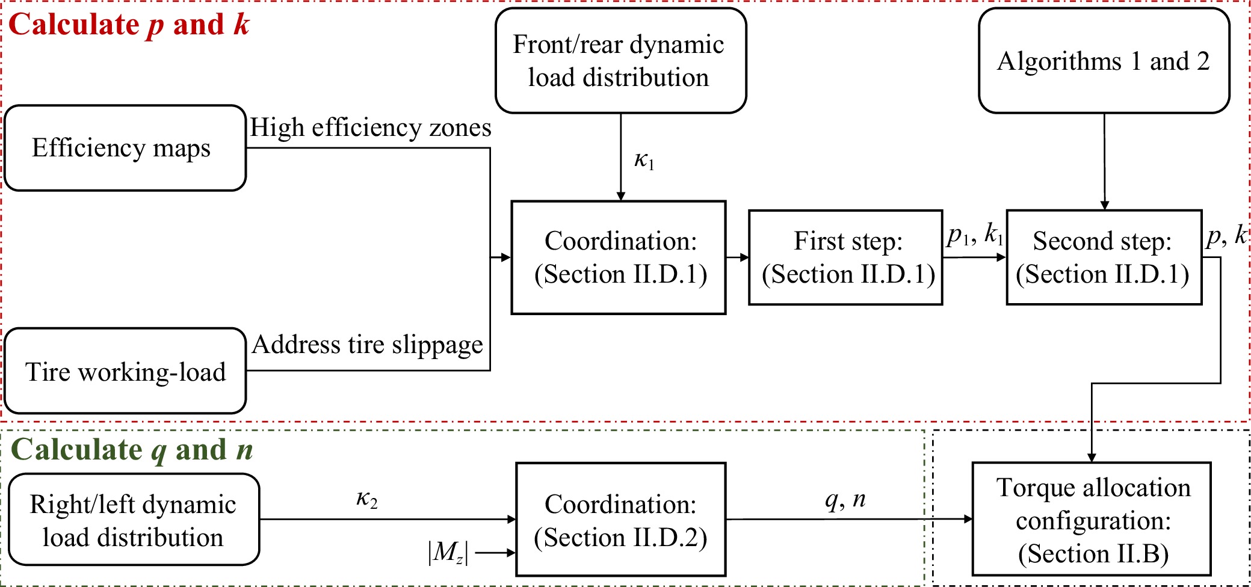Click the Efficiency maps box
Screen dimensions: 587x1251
125,148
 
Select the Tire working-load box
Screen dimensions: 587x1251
125,371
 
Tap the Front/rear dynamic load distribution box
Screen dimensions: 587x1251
620,61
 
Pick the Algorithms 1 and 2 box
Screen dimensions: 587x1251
1104,61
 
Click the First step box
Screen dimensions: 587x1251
845,257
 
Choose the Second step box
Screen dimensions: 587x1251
1104,257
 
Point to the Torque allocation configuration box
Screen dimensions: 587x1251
1092,519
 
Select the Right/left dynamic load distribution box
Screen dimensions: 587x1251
134,520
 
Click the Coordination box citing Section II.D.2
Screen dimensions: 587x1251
620,520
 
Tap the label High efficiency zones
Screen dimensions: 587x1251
370,128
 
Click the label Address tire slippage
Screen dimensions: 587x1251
367,345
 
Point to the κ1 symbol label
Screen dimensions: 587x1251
644,161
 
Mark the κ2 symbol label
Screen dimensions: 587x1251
366,499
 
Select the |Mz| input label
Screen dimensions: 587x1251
448,552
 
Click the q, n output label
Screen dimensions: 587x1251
845,499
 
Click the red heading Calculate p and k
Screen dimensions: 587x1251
129,25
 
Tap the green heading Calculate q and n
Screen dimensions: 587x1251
132,450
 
